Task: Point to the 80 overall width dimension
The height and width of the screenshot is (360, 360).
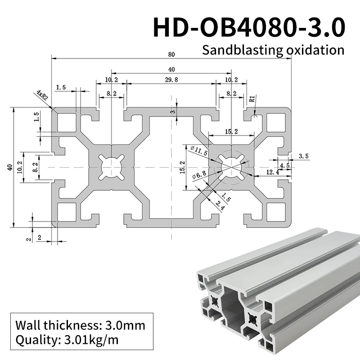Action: [x=171, y=54]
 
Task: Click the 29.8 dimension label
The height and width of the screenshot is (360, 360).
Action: [x=171, y=80]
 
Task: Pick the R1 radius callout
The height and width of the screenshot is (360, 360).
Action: [x=252, y=98]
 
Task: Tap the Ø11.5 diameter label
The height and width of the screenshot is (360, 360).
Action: [x=199, y=150]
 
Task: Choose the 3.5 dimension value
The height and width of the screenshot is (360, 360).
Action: [x=304, y=156]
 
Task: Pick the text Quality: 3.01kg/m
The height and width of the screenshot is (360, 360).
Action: [x=67, y=340]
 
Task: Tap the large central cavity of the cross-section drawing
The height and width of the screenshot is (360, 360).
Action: [x=171, y=167]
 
